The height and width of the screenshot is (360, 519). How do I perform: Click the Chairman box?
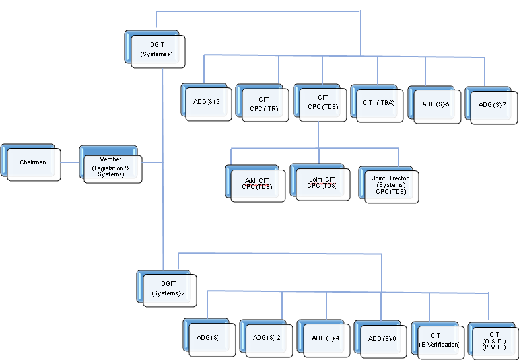33,162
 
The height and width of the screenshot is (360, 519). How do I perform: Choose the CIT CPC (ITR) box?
264,104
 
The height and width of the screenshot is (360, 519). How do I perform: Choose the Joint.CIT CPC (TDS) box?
322,182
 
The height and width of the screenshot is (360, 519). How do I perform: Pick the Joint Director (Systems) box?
390,184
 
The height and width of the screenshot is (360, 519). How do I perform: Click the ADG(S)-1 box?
211,338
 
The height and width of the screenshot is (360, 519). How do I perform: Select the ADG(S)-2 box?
267,338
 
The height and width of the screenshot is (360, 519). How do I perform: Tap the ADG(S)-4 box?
325,338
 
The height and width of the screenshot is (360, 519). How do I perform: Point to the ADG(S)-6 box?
381,339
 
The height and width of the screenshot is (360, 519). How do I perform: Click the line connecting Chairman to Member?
69,162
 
